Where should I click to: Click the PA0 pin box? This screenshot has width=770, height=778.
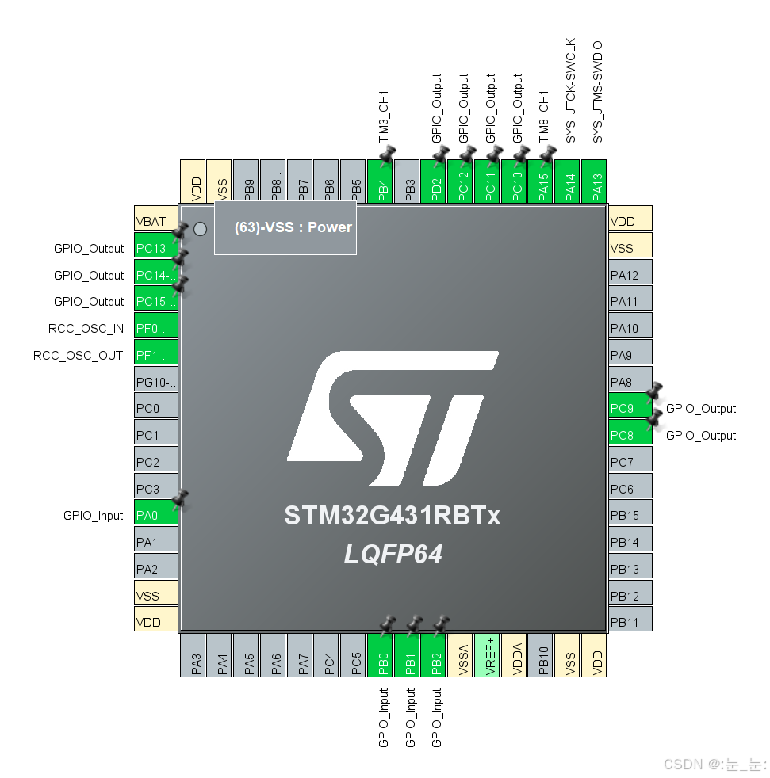155,515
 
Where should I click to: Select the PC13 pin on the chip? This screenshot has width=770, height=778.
155,248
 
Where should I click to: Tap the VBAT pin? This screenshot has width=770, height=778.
155,221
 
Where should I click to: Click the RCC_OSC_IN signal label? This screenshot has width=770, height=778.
86,328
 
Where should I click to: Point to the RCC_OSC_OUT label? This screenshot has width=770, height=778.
79,355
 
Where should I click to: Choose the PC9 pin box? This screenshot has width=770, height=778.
630,409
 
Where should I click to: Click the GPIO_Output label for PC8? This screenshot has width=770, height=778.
701,435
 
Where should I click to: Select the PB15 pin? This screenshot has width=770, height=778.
630,515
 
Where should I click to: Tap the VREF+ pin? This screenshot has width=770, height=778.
487,654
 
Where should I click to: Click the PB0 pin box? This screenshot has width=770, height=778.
381,654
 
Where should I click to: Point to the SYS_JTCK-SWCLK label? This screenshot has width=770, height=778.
570,91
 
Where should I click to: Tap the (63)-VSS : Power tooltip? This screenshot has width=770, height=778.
285,227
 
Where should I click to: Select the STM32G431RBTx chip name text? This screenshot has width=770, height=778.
393,516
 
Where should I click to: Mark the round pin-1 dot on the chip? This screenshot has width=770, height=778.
200,228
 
